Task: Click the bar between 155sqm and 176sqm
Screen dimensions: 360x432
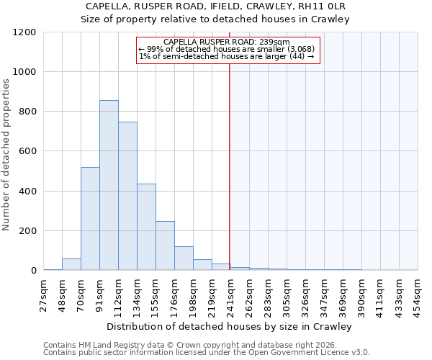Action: tap(165, 246)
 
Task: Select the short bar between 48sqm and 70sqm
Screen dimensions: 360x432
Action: tap(71, 264)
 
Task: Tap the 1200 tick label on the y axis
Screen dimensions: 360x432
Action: tap(24, 32)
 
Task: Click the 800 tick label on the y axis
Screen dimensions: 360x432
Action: tap(27, 112)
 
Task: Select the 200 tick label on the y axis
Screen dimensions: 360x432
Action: tap(27, 231)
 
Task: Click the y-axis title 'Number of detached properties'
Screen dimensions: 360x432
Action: tap(6, 155)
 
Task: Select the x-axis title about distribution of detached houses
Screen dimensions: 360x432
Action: tap(230, 327)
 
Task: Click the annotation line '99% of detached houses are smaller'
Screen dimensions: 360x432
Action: tap(225, 49)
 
